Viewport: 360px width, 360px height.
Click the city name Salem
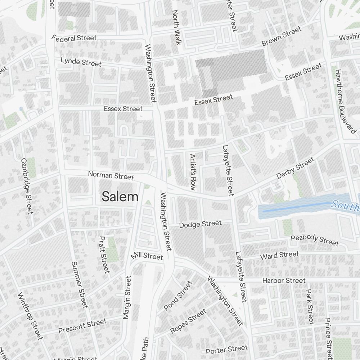120,197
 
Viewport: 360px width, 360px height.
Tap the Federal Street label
74,38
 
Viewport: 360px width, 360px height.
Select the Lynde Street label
81,62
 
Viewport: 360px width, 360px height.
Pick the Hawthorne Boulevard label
345,101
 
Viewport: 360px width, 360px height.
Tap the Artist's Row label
193,172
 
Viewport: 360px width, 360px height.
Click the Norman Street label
111,176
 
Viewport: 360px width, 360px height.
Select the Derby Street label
295,168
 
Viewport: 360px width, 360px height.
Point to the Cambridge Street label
27,186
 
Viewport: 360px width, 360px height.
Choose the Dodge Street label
200,224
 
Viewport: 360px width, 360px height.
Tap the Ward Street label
279,256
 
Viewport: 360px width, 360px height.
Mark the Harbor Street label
284,280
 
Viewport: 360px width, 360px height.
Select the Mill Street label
147,256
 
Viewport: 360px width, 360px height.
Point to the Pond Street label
178,296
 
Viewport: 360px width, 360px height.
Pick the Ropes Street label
188,321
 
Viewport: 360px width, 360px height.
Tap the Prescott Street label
82,326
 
